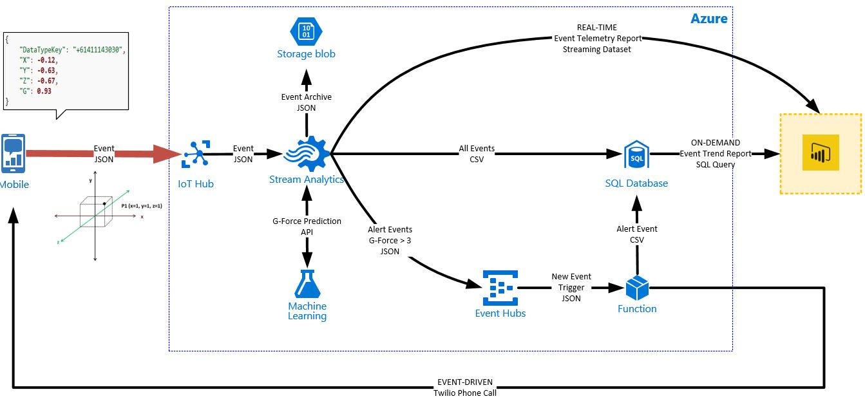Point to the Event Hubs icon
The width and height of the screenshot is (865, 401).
pyautogui.click(x=500, y=288)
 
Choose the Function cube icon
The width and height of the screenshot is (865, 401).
pyautogui.click(x=636, y=288)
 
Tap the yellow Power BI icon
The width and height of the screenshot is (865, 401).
pyautogui.click(x=821, y=153)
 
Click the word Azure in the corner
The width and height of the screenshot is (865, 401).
pyautogui.click(x=708, y=19)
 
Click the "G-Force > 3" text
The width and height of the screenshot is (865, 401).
pyautogui.click(x=390, y=240)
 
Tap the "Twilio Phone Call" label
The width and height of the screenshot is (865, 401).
pyautogui.click(x=465, y=393)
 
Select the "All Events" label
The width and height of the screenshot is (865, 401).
pyautogui.click(x=477, y=149)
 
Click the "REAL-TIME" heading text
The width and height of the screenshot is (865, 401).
pyautogui.click(x=596, y=28)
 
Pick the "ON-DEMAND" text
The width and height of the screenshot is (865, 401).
pyautogui.click(x=715, y=143)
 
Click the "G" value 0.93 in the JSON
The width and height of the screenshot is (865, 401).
pyautogui.click(x=43, y=91)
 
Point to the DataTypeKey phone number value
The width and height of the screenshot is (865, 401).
pyautogui.click(x=98, y=50)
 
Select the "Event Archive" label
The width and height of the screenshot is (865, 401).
pyautogui.click(x=307, y=97)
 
